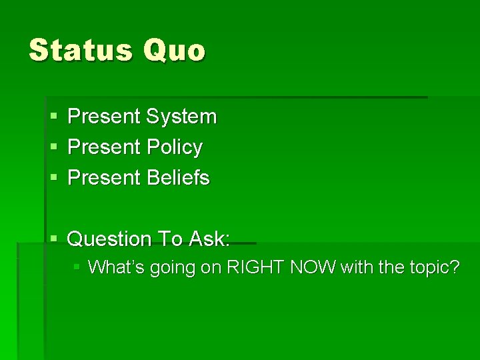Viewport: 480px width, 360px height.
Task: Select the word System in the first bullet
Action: pyautogui.click(x=181, y=117)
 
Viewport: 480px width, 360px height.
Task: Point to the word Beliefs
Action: pyautogui.click(x=177, y=178)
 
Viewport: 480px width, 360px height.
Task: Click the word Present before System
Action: pyautogui.click(x=104, y=117)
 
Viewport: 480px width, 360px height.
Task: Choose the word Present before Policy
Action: pyautogui.click(x=104, y=147)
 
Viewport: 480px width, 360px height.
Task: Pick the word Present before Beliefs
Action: pyautogui.click(x=104, y=178)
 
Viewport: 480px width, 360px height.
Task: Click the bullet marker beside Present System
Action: pyautogui.click(x=53, y=117)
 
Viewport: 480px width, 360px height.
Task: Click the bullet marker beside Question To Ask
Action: pyautogui.click(x=53, y=239)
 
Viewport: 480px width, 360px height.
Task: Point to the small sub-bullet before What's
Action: pyautogui.click(x=77, y=267)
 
